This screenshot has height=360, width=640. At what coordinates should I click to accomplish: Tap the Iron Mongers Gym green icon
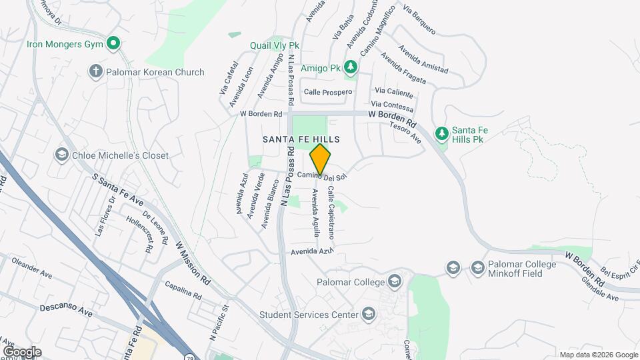(x=114, y=45)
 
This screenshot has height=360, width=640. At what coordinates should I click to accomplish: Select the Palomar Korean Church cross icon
(x=96, y=71)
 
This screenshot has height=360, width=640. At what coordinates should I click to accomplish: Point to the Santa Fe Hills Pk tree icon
(x=441, y=134)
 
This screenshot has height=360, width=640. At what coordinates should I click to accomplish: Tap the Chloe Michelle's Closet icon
(x=62, y=155)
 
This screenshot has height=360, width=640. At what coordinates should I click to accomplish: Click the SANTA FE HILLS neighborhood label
(x=301, y=139)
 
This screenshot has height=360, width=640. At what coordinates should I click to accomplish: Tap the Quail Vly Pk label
(x=275, y=45)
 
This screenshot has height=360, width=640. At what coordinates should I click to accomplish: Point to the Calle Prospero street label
(x=327, y=92)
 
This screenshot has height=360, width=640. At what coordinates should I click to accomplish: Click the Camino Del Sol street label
(x=323, y=176)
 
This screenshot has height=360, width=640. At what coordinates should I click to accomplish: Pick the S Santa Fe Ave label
(x=119, y=191)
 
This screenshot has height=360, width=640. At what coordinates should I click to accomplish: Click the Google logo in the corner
(x=21, y=352)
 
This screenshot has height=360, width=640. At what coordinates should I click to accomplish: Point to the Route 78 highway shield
(x=189, y=356)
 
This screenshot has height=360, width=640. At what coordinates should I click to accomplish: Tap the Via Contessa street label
(x=392, y=105)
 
